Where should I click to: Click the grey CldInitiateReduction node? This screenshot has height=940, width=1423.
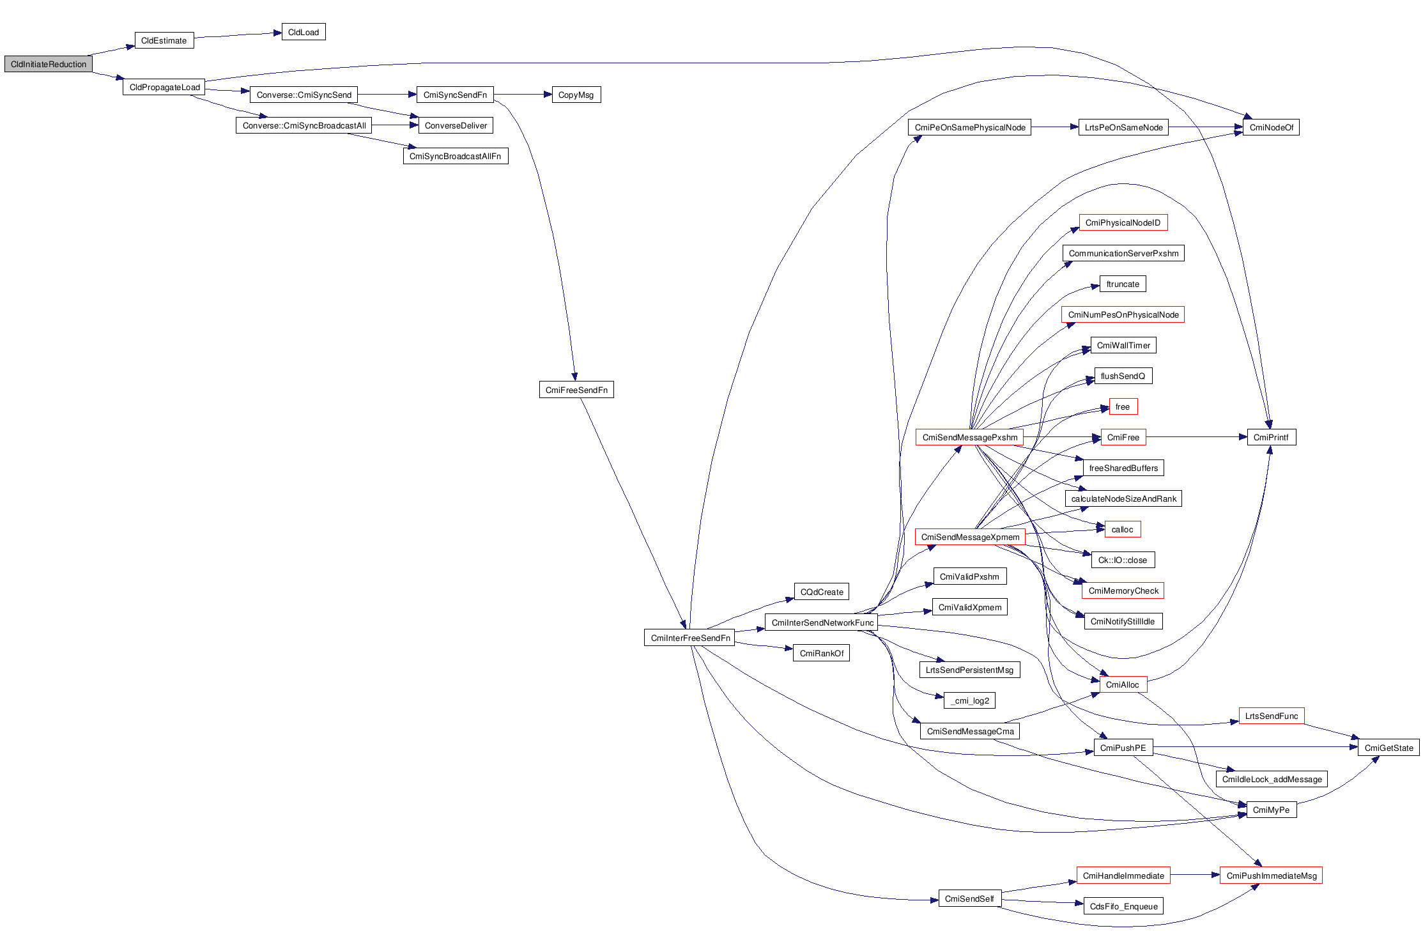pyautogui.click(x=49, y=64)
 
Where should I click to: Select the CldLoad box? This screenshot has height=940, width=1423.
pyautogui.click(x=304, y=32)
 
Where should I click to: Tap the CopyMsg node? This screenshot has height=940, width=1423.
pyautogui.click(x=576, y=95)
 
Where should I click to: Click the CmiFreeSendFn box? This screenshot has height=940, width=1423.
pyautogui.click(x=576, y=390)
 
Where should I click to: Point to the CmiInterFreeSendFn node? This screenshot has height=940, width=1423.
pyautogui.click(x=690, y=638)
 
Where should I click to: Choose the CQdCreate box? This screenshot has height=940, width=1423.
pyautogui.click(x=822, y=592)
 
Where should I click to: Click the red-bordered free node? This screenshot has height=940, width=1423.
pyautogui.click(x=1123, y=406)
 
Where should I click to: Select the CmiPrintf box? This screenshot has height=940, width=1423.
pyautogui.click(x=1271, y=437)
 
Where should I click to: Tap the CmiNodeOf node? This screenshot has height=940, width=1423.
pyautogui.click(x=1271, y=127)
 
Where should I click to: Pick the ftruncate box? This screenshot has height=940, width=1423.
pyautogui.click(x=1123, y=284)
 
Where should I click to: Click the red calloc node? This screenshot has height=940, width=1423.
pyautogui.click(x=1122, y=529)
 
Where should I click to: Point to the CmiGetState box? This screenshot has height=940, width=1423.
pyautogui.click(x=1388, y=748)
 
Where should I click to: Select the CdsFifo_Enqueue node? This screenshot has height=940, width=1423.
pyautogui.click(x=1123, y=906)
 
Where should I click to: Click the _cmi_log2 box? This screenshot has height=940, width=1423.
pyautogui.click(x=969, y=700)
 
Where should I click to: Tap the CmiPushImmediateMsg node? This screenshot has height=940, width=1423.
pyautogui.click(x=1271, y=875)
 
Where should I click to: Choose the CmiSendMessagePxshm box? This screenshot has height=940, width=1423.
pyautogui.click(x=969, y=437)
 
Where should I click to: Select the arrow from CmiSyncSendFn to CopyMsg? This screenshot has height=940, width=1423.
pyautogui.click(x=522, y=95)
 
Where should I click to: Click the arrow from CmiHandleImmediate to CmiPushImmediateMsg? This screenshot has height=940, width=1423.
pyautogui.click(x=1195, y=875)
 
